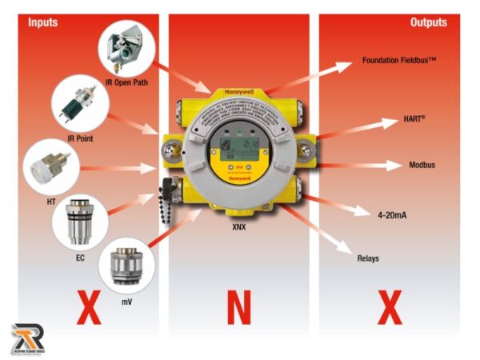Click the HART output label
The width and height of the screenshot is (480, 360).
click(x=413, y=119)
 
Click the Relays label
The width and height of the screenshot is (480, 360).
click(x=370, y=258)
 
